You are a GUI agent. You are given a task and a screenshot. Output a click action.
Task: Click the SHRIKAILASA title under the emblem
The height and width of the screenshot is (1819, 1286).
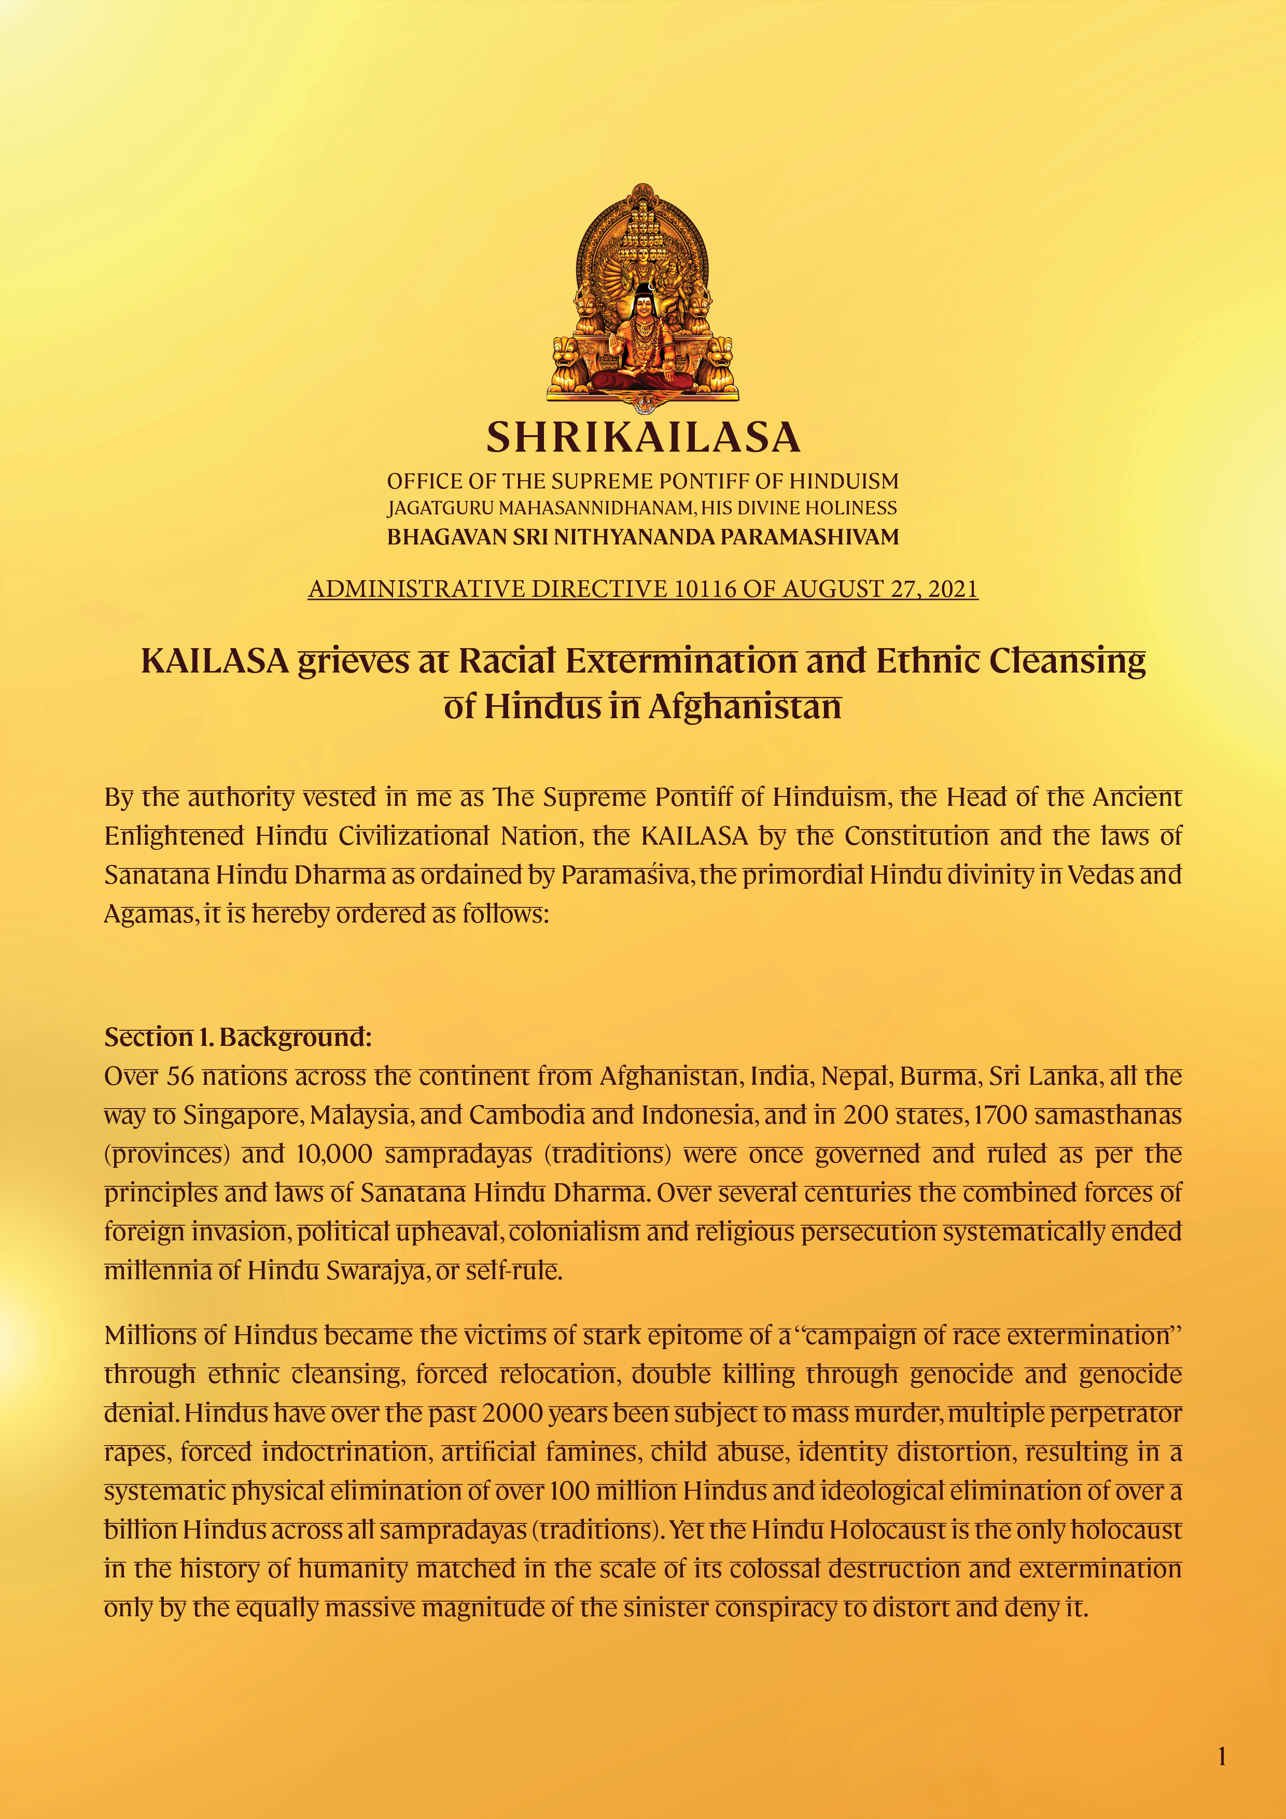click(x=642, y=437)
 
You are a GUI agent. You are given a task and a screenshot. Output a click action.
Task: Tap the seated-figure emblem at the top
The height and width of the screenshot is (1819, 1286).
click(x=642, y=297)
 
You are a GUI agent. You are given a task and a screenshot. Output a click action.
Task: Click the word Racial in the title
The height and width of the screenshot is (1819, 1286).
click(x=507, y=661)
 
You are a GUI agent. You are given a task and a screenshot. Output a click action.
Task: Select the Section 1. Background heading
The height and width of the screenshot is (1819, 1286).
click(x=237, y=1037)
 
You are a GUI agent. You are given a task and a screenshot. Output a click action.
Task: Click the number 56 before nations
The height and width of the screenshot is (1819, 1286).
click(x=180, y=1076)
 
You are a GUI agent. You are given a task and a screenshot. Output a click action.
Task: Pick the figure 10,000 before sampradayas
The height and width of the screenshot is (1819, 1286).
click(x=333, y=1154)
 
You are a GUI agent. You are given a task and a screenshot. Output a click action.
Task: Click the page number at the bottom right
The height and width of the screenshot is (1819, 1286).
click(x=1222, y=1756)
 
